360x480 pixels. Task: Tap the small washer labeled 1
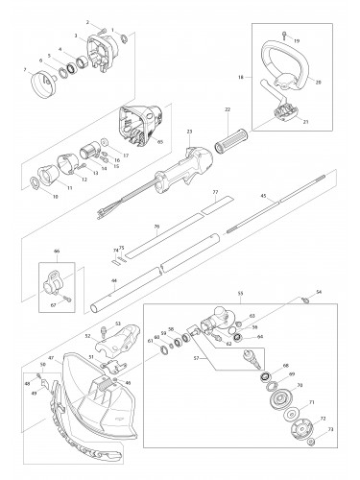(124, 38)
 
